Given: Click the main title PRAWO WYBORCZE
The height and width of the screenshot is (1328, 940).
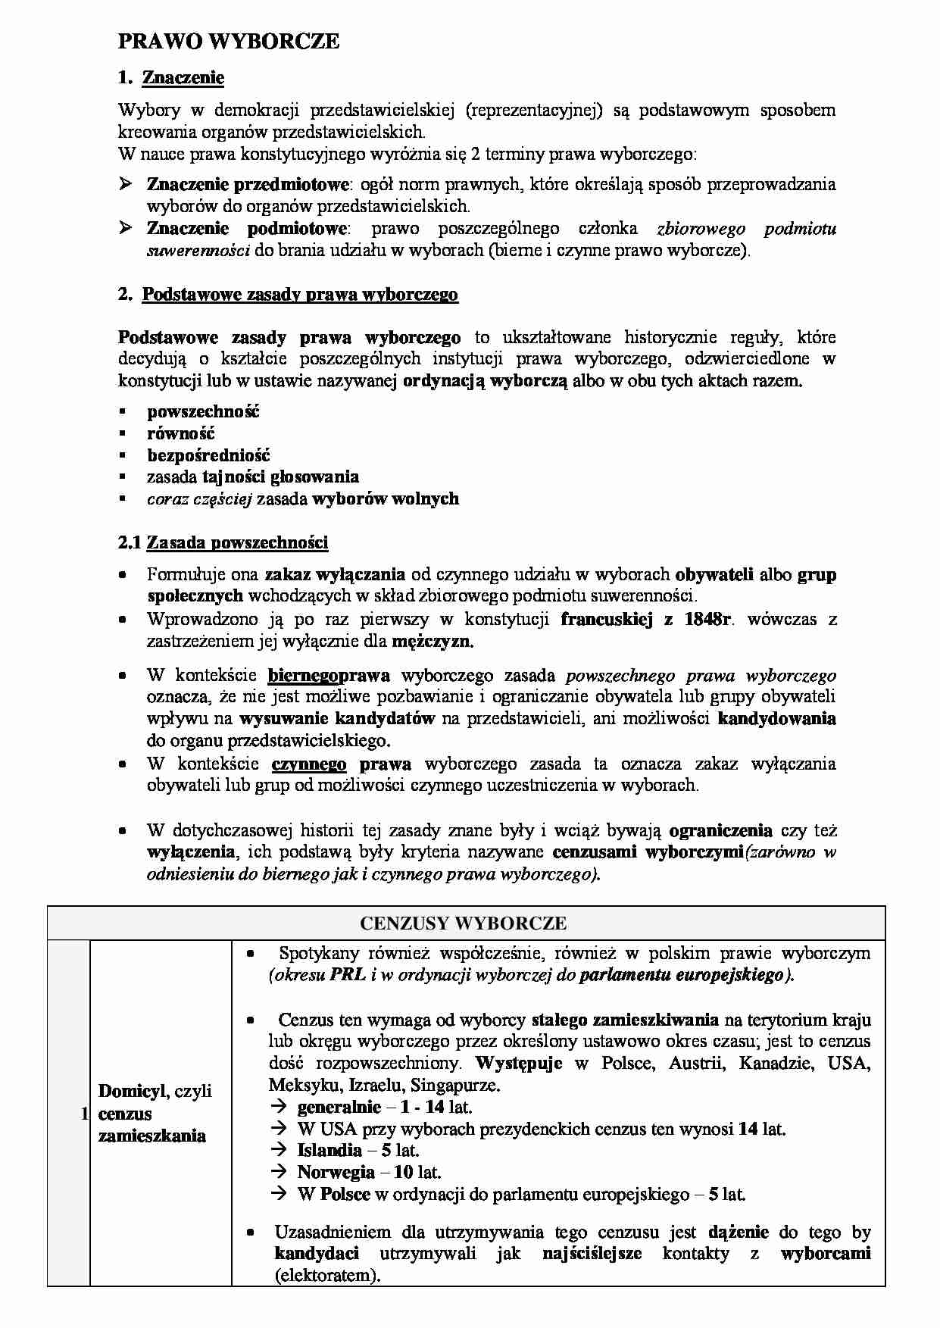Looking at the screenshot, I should click(228, 42).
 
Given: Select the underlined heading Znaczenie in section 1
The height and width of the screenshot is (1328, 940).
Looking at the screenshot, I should click(183, 77).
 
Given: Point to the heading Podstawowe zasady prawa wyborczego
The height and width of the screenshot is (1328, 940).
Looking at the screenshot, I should click(300, 294).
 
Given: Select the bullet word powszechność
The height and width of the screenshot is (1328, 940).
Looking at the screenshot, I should click(203, 411).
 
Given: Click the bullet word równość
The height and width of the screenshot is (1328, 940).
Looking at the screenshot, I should click(181, 433).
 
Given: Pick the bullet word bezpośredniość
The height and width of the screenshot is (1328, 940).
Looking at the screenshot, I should click(208, 455).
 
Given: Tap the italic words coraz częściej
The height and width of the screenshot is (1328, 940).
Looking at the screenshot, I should click(199, 498).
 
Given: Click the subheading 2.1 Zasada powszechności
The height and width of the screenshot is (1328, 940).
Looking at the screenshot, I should click(223, 542).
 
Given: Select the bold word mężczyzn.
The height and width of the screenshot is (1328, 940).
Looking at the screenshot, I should click(433, 641).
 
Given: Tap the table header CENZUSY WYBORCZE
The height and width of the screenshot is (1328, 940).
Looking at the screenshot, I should click(463, 923).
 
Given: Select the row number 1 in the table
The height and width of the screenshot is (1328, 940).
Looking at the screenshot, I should click(83, 1114).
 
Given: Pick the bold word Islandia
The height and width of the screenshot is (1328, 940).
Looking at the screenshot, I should click(329, 1150).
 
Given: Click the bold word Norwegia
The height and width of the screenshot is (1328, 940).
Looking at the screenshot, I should click(336, 1172).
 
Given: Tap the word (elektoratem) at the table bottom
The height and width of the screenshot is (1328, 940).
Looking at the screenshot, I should click(326, 1275).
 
